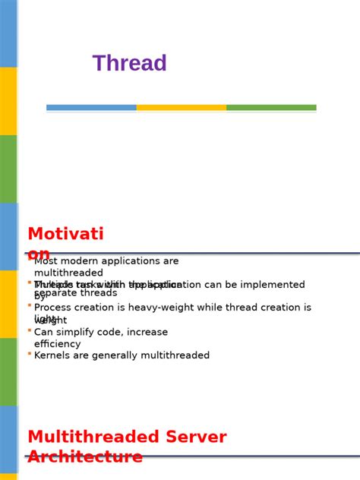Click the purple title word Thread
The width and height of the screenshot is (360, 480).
click(x=129, y=64)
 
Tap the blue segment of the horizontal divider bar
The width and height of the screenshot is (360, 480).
click(x=91, y=108)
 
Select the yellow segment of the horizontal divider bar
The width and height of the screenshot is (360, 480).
click(x=181, y=108)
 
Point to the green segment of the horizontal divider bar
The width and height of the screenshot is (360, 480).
click(x=271, y=108)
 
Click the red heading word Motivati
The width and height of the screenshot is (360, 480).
click(x=65, y=234)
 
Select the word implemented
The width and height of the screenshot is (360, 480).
click(x=270, y=285)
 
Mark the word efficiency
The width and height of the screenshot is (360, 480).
click(x=57, y=344)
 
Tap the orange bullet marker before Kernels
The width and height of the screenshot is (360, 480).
click(x=30, y=354)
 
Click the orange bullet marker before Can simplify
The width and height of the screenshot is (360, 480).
click(x=30, y=330)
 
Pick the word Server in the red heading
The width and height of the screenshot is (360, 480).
click(x=192, y=437)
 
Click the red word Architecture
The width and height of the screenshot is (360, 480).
click(x=85, y=457)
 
